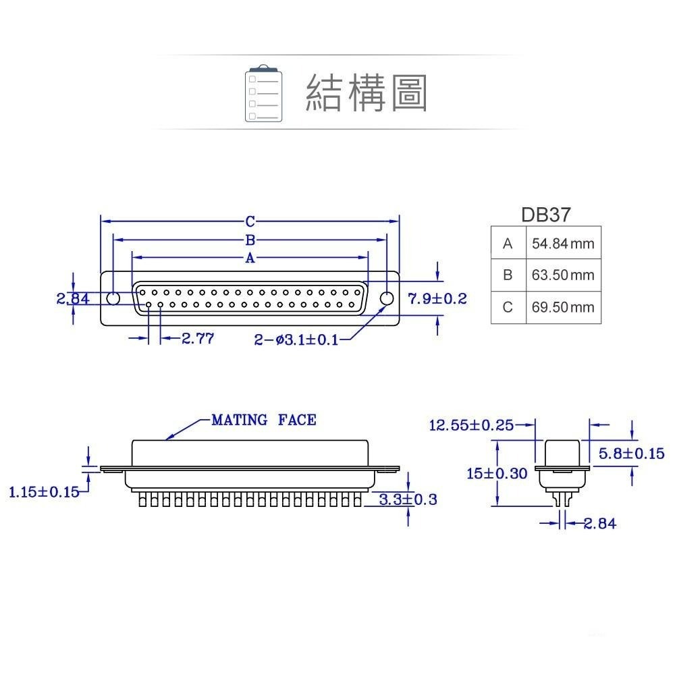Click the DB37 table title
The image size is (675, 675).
click(545, 215)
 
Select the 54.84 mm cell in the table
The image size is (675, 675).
click(563, 244)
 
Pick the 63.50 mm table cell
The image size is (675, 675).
click(563, 275)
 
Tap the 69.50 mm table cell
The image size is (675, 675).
click(563, 307)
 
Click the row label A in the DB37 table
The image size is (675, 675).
click(508, 244)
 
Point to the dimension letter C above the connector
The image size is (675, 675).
click(250, 221)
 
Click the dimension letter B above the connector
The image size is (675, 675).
click(250, 240)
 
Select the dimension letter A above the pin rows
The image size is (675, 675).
click(250, 258)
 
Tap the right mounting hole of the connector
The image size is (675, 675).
click(387, 298)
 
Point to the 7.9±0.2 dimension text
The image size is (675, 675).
click(437, 298)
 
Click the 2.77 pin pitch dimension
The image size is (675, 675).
click(198, 339)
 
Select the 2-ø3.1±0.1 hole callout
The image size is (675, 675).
click(296, 340)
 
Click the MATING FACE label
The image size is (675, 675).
click(264, 421)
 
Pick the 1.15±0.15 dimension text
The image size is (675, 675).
click(44, 492)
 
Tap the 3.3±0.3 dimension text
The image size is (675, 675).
click(408, 500)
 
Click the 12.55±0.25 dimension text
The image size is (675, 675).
click(472, 425)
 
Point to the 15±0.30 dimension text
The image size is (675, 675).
click(497, 473)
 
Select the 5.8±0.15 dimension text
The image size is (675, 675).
click(632, 454)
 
